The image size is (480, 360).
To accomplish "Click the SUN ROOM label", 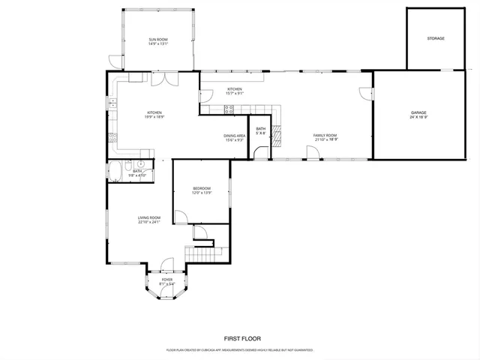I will [x=157, y=39].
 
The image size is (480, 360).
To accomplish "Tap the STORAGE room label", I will [x=436, y=38].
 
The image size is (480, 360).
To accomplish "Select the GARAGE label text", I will [x=418, y=112].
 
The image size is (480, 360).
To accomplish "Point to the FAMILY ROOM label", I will [x=325, y=135].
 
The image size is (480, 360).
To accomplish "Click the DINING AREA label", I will [x=234, y=136].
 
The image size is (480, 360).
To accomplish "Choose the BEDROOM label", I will [x=201, y=188].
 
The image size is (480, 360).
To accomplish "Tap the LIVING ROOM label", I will [x=149, y=217].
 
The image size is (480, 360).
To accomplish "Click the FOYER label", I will [x=167, y=279].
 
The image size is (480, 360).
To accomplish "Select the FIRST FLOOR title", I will [x=239, y=338].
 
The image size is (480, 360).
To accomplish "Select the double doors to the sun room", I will [x=163, y=79].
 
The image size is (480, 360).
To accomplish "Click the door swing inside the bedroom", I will [x=181, y=217].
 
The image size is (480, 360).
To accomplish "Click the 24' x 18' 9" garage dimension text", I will [x=418, y=117].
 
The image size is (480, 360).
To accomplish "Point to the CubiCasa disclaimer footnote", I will [x=239, y=350].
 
